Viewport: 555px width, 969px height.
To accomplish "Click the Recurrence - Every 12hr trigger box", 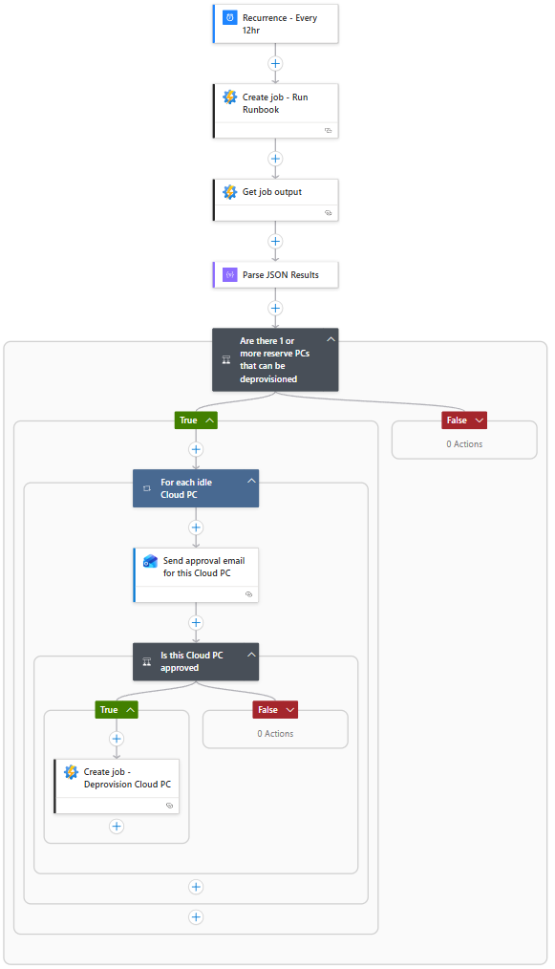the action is point(276,24).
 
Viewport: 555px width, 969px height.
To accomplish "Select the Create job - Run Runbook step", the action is point(276,111).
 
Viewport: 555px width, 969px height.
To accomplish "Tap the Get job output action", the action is point(276,200).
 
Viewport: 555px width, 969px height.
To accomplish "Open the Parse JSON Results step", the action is point(276,275).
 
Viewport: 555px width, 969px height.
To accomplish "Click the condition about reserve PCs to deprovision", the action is point(276,359).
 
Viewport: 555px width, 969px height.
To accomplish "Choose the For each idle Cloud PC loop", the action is point(196,488).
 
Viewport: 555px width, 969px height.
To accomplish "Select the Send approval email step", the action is point(196,574).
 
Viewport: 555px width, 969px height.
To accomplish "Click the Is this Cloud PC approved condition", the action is point(196,662).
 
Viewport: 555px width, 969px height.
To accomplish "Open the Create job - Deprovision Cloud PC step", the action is point(117,786).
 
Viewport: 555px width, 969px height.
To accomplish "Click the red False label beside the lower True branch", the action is point(275,710).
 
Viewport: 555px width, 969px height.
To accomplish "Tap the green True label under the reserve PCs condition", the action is point(196,420).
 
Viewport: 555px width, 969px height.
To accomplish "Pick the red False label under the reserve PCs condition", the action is point(464,420).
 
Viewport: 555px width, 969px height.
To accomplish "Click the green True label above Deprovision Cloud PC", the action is point(117,710).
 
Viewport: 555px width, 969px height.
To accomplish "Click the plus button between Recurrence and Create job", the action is point(276,64).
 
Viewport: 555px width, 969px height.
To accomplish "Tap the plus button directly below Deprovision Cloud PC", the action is point(117,827).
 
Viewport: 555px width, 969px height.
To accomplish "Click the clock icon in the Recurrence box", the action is point(230,17).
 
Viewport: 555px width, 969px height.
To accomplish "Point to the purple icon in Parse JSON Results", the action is point(230,274).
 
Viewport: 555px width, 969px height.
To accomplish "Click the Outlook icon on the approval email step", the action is point(150,561).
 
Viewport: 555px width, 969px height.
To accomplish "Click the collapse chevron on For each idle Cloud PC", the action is point(251,481).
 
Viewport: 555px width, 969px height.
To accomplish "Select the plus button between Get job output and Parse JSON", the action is point(276,242).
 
